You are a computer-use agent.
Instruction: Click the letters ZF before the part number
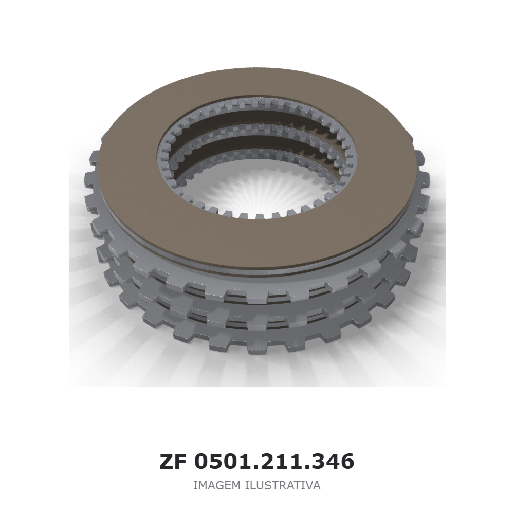(x=173, y=461)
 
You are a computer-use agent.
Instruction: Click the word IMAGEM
(x=217, y=485)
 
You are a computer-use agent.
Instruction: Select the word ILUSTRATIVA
(x=283, y=485)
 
